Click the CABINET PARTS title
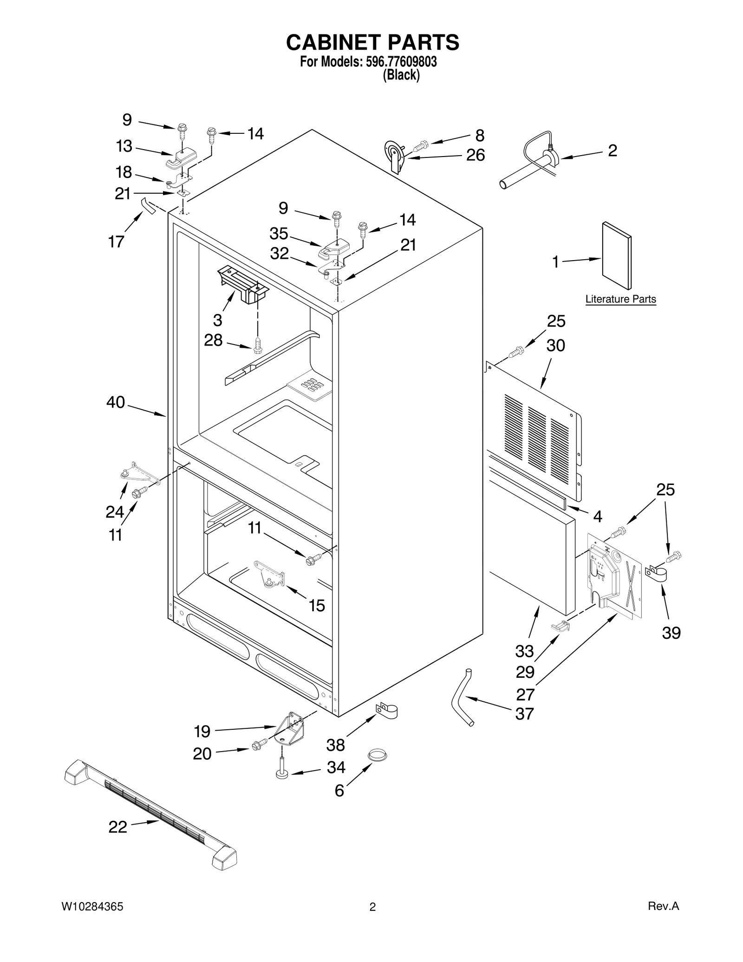372,42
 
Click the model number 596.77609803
398,62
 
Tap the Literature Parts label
620,299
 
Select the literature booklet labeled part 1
617,255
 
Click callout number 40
116,402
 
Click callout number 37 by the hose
525,714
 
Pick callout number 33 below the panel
524,651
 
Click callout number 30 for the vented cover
555,346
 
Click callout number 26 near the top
476,155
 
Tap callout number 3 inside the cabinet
217,320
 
